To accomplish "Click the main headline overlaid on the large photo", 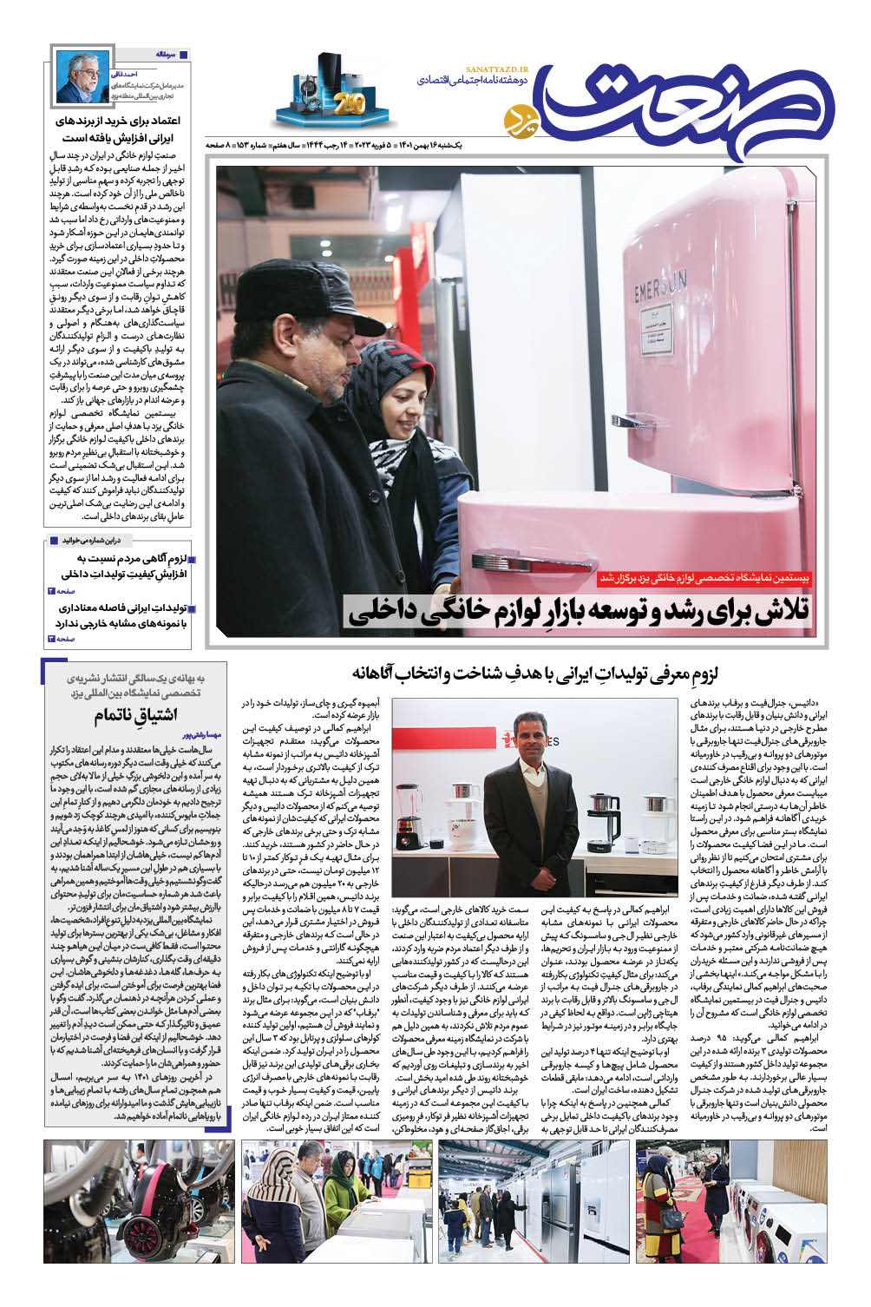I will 580,612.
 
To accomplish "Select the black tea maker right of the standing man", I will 619,812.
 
